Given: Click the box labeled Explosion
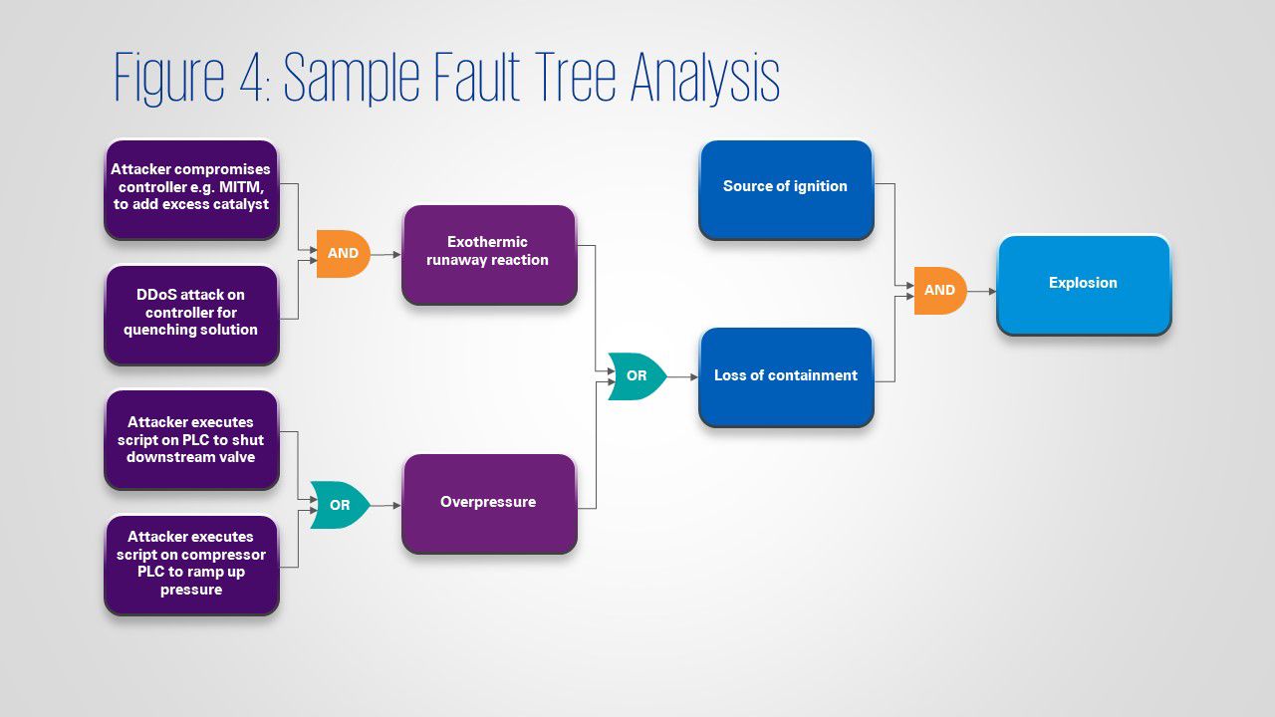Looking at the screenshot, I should (1084, 284).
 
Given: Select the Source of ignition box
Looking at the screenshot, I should (786, 187).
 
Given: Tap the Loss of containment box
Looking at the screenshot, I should (786, 376).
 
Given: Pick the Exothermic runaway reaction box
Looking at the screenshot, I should (488, 253).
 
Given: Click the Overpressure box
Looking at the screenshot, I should (488, 503).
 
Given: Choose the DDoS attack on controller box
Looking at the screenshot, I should (190, 313).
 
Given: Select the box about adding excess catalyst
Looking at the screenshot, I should (190, 188).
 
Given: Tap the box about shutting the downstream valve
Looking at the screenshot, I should (190, 439).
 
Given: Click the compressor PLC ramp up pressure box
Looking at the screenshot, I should (190, 564).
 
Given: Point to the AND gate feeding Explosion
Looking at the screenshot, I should (939, 291).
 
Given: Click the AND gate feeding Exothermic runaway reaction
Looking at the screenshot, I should (343, 254).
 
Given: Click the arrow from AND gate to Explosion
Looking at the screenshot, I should (981, 291).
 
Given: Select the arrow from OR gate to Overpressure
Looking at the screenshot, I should (385, 506).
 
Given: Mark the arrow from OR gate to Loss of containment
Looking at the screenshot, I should (682, 377).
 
